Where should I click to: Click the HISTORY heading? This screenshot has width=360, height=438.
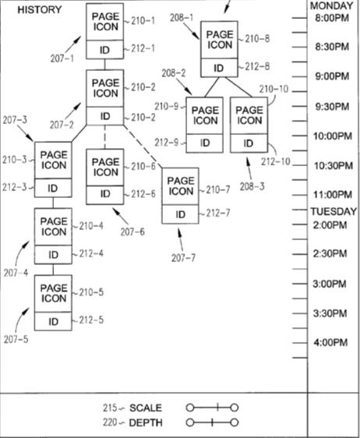pos(40,10)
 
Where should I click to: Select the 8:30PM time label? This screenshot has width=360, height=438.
pos(332,46)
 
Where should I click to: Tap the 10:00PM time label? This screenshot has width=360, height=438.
pos(333,136)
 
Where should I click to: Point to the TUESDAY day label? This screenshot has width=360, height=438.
pos(334,211)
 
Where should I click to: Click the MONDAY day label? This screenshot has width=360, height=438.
pos(331,5)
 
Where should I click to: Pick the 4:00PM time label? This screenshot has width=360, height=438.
pos(330,342)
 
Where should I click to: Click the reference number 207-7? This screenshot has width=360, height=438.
pos(183,257)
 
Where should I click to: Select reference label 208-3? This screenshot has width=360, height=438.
pos(252,186)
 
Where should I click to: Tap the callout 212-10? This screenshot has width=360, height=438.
pos(276,161)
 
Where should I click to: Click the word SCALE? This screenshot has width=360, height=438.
pos(146,408)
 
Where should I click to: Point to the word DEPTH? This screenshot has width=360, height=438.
pos(146,422)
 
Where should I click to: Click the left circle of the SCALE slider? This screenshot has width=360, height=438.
pos(190,408)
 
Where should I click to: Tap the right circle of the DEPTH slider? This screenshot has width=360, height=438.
pos(235,422)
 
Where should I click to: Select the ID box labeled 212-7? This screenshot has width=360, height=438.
pos(181,214)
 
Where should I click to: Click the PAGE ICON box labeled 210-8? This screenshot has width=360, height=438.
pos(219,40)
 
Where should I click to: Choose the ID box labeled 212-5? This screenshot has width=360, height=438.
pos(53,321)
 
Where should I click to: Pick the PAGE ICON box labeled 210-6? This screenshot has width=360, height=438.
pos(105,168)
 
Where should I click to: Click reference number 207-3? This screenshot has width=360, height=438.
pos(15,120)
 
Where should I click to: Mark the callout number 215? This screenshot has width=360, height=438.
pos(110,408)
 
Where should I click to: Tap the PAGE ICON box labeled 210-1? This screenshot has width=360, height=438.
pos(105,22)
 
